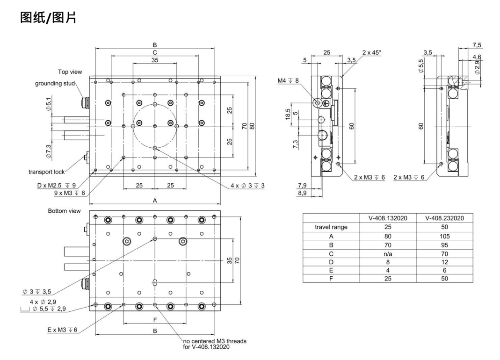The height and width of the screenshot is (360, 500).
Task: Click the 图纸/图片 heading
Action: (x=48, y=17)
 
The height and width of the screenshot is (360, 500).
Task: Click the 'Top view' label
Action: (x=70, y=72)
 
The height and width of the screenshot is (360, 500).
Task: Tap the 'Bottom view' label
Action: (x=64, y=211)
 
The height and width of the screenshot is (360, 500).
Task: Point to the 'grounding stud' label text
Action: (x=55, y=84)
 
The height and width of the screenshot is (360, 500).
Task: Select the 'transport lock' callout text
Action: (x=47, y=172)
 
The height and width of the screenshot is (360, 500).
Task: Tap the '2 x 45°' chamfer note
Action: (x=371, y=53)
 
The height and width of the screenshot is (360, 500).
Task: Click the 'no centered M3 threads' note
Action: (x=215, y=341)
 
